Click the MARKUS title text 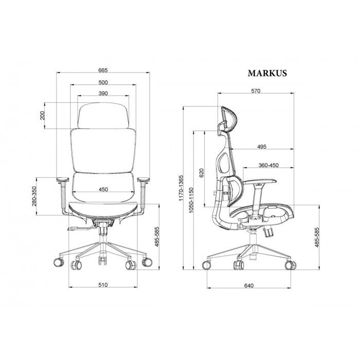[267, 73]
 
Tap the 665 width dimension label [103, 70]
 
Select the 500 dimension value [103, 82]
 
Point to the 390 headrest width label [103, 94]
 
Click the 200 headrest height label [42, 116]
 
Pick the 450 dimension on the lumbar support [103, 189]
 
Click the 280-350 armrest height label [34, 196]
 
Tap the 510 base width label [103, 285]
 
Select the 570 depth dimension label [256, 91]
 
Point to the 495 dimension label [262, 147]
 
